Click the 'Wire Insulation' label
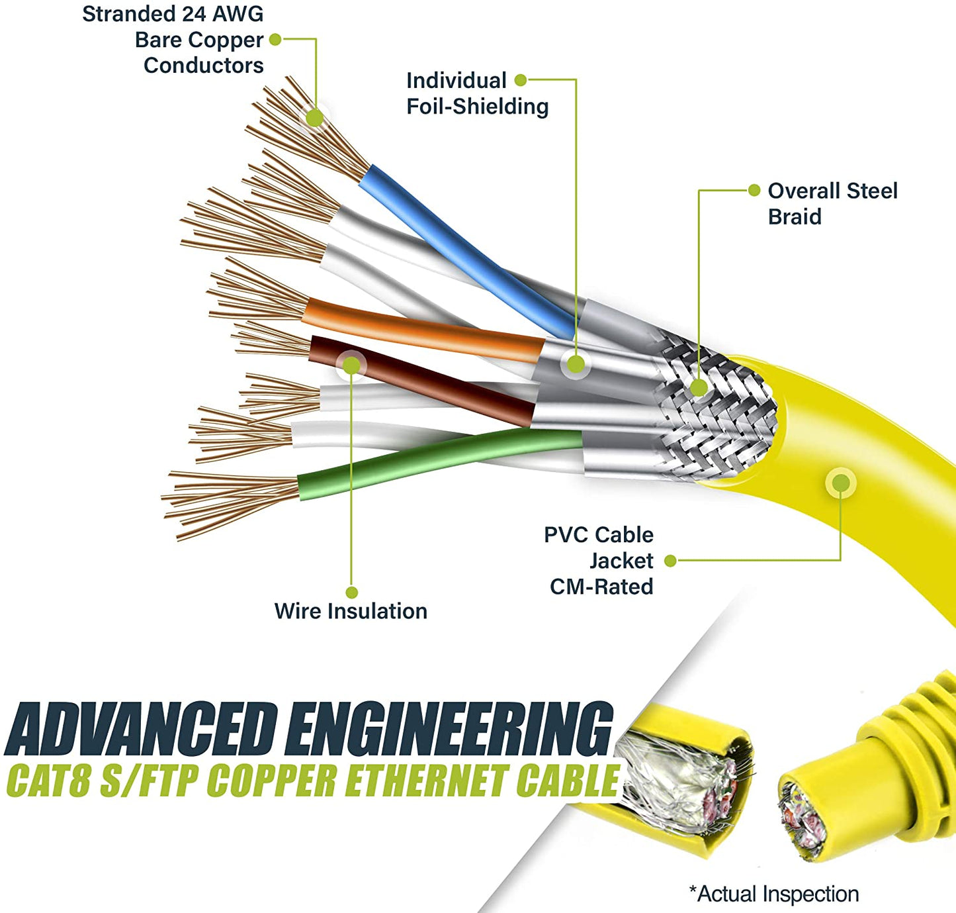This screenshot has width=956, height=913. tap(351, 611)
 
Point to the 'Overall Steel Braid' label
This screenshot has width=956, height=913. tap(832, 204)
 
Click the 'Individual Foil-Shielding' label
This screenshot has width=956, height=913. tap(477, 93)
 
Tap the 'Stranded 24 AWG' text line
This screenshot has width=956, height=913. tap(173, 14)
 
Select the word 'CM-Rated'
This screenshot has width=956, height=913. tap(601, 587)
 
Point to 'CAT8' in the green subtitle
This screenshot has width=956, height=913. tap(48, 781)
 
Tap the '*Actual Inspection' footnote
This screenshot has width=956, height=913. tap(773, 894)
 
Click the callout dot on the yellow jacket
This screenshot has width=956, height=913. tap(841, 483)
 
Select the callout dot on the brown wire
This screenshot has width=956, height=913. tap(351, 365)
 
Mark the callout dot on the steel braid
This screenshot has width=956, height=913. tap(699, 388)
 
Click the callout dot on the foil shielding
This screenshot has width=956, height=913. tap(576, 363)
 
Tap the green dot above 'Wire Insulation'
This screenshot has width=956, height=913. tap(352, 593)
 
